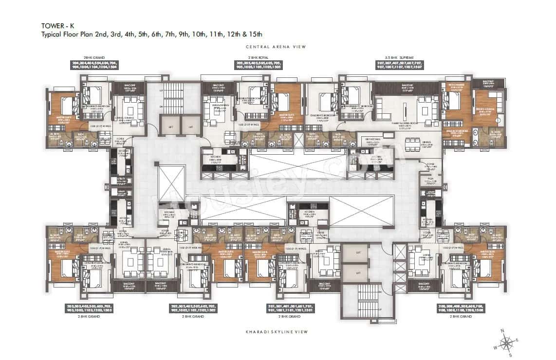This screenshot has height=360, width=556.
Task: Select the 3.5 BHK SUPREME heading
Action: [396, 57]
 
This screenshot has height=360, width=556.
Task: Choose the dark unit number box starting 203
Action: [88, 308]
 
